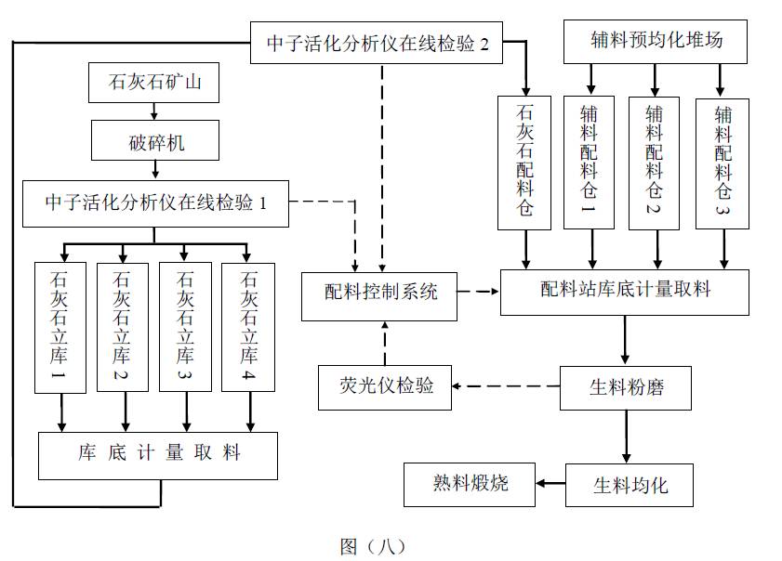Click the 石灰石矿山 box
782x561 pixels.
click(156, 85)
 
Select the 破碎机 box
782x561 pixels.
click(156, 144)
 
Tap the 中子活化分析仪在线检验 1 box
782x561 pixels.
click(156, 202)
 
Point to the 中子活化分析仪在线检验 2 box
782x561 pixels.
click(377, 43)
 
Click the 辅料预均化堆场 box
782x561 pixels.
click(656, 42)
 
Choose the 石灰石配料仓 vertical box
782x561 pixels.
click(524, 163)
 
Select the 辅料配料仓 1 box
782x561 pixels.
click(589, 162)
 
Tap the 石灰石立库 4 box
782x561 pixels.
click(247, 326)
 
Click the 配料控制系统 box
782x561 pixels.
click(381, 294)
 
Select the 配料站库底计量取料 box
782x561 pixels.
click(625, 292)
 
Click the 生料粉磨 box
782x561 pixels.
click(626, 387)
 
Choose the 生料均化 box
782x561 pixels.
click(630, 484)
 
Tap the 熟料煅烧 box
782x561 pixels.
click(470, 483)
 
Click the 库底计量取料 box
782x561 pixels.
click(158, 454)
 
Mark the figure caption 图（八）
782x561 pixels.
click(371, 546)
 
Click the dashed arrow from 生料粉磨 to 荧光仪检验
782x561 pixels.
click(506, 385)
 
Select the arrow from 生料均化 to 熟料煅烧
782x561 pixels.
click(550, 483)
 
